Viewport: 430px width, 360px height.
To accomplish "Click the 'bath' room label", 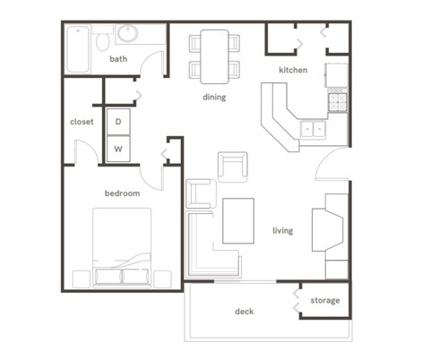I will coord(118,59).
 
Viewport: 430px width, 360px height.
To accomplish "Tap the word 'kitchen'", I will coord(293,70).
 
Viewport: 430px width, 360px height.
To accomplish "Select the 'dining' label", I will coord(214,97).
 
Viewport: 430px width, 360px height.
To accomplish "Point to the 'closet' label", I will coord(82,122).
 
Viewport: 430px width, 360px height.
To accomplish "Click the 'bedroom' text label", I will coord(122,193).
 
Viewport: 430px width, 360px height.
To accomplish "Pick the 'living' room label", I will coord(282,230).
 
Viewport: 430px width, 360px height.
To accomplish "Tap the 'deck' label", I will coord(244,312).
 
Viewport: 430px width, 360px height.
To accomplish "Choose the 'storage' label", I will coord(325,300).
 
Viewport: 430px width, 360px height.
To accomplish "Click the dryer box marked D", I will coord(118,121).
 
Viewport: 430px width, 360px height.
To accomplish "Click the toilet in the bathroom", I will coord(102,40).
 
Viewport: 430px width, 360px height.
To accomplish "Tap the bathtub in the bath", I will coord(79,48).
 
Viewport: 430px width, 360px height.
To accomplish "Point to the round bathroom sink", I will coord(127,35).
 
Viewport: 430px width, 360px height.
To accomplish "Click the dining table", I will coord(215,56).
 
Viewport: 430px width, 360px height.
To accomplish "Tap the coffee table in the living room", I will coord(238,220).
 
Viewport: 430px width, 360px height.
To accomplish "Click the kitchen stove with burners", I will coord(337,101).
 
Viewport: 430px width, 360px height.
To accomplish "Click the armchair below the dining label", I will coord(232,167).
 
